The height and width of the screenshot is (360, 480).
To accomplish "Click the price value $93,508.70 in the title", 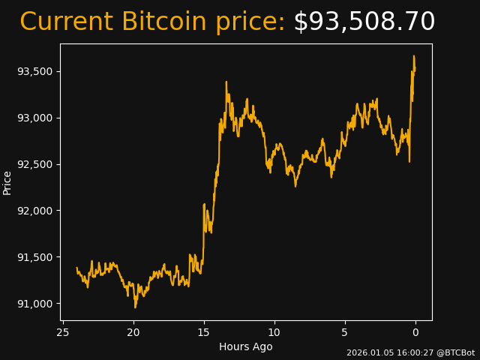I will click(364, 22).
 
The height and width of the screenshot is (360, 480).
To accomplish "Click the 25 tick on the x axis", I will click(63, 332).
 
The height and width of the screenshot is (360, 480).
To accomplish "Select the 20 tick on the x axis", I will click(133, 332).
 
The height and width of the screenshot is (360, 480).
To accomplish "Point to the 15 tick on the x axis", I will click(204, 332).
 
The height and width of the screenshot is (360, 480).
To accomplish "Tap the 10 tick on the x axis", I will click(274, 332).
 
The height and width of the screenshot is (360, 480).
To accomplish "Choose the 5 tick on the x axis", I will click(345, 332).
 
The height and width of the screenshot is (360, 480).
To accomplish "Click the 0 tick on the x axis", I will click(415, 332).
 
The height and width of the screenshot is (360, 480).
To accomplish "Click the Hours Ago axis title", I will click(246, 346).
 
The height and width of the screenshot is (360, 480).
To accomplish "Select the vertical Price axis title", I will click(7, 182).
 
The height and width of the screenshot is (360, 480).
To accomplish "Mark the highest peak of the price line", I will click(413, 55).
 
